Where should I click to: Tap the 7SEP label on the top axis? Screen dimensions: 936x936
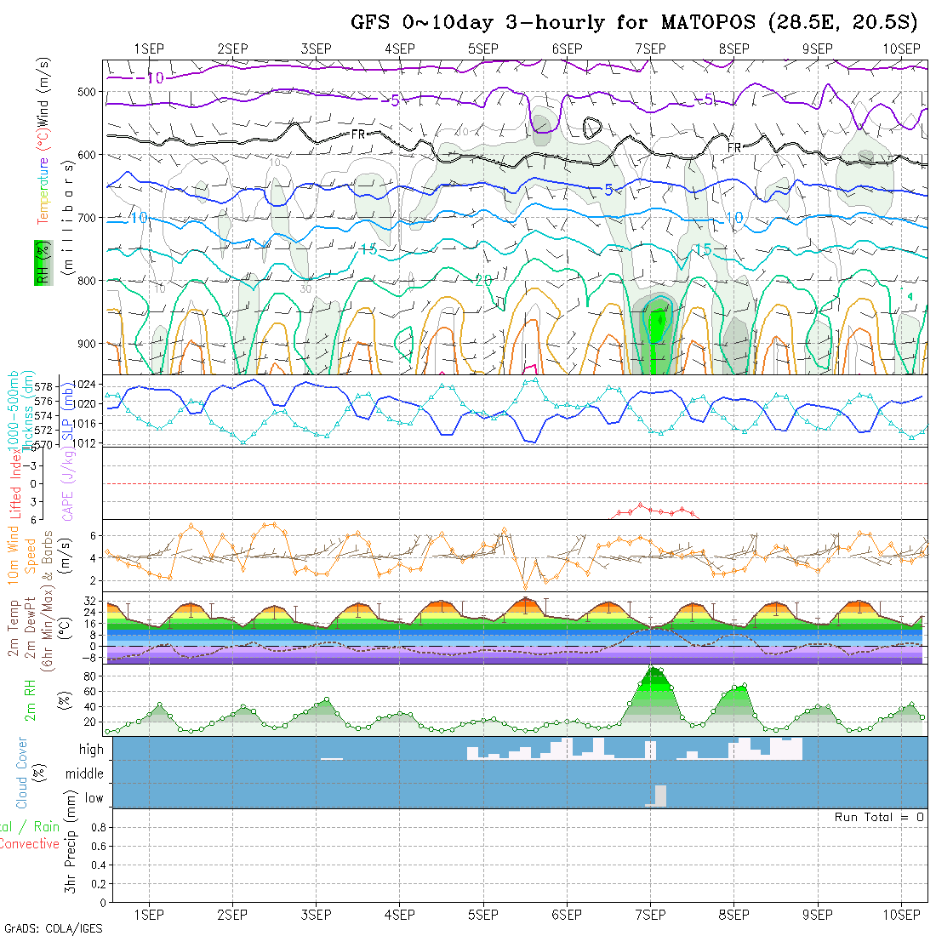pyautogui.click(x=650, y=49)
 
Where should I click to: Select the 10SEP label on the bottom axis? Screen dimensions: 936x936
pyautogui.click(x=901, y=915)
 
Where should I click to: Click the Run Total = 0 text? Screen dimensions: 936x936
pyautogui.click(x=879, y=817)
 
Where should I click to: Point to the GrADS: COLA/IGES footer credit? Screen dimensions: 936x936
pyautogui.click(x=53, y=928)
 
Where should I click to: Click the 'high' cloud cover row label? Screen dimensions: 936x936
pyautogui.click(x=91, y=750)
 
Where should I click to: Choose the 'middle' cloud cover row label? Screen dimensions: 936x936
pyautogui.click(x=85, y=774)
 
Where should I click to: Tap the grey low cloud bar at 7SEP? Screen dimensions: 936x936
pyautogui.click(x=659, y=796)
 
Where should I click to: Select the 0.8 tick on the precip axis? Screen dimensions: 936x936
pyautogui.click(x=97, y=827)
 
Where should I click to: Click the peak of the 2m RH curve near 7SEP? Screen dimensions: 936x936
pyautogui.click(x=653, y=668)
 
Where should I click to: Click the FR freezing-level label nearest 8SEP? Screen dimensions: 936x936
pyautogui.click(x=734, y=147)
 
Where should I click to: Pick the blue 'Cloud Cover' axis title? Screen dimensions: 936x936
pyautogui.click(x=22, y=773)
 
